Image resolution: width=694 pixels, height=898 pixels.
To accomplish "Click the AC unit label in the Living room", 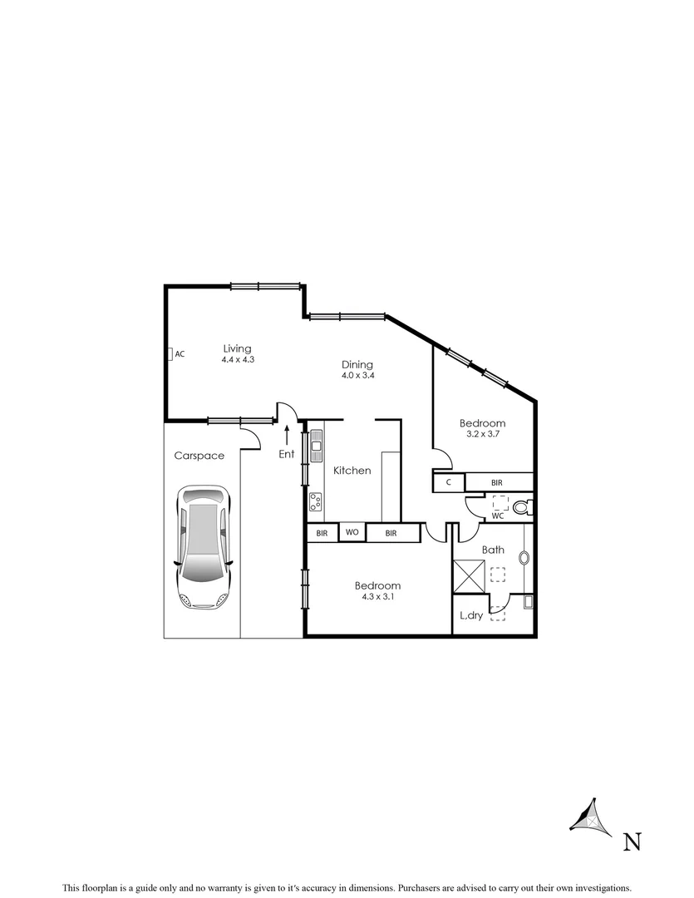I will (180, 354).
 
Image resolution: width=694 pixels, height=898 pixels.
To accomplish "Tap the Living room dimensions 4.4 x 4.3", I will (237, 360).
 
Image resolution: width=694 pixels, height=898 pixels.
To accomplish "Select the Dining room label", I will (357, 364).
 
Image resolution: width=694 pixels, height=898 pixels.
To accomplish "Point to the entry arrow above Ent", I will (287, 434).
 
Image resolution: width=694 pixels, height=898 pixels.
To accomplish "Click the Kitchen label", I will (352, 471).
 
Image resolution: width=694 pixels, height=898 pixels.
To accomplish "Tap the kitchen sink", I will (316, 447).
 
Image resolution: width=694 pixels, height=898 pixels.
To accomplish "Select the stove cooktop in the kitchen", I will (316, 501).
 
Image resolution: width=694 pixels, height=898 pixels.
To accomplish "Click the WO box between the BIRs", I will (352, 533).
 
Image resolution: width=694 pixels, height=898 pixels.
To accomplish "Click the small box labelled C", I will (449, 482).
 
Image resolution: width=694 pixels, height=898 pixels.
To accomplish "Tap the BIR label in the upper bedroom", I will (496, 482).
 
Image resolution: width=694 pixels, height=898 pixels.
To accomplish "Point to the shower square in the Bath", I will (468, 576).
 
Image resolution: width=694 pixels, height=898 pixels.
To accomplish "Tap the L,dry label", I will (471, 616).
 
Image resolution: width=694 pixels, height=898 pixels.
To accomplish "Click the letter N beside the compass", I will (632, 842).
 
